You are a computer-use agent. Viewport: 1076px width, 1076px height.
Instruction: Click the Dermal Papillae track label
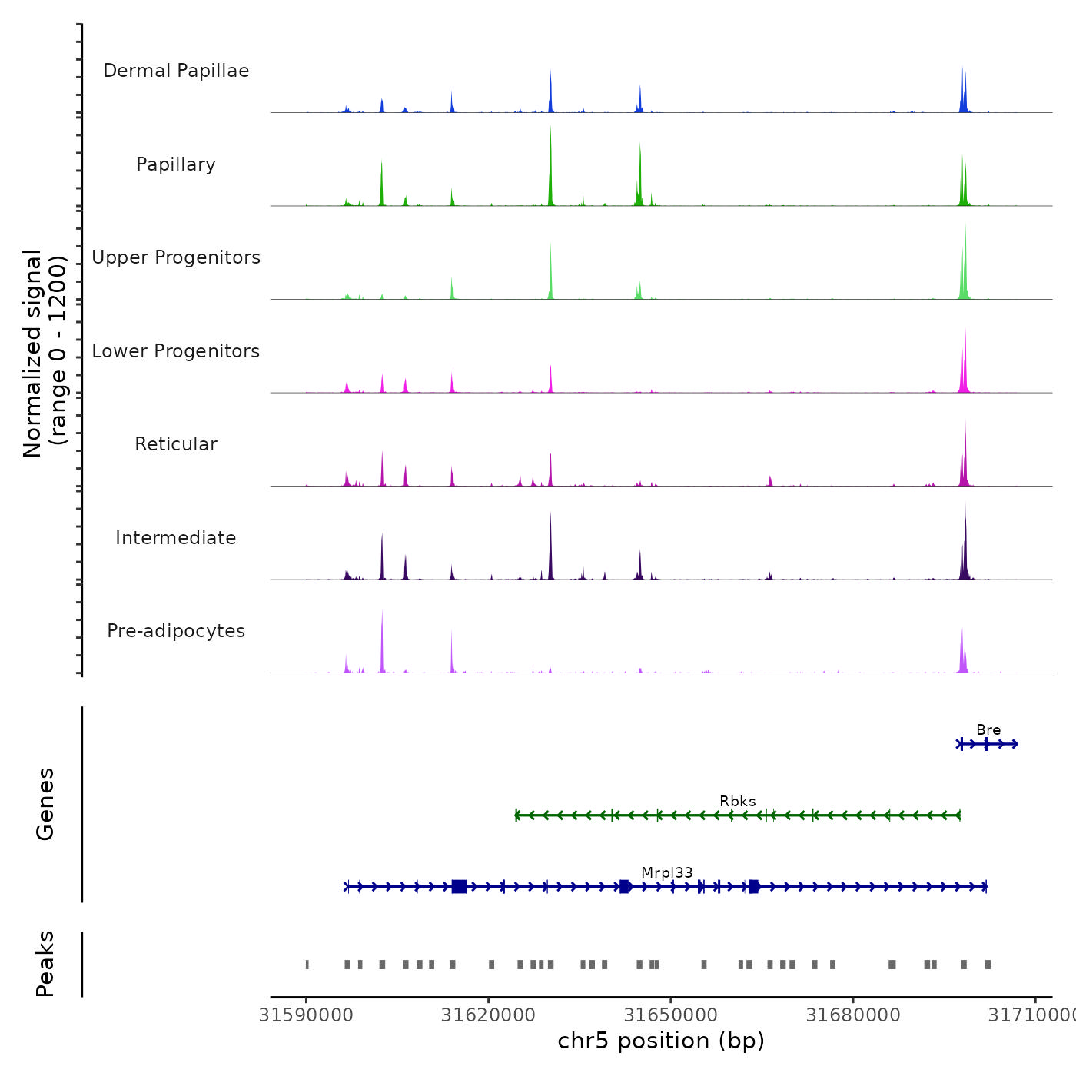tap(176, 71)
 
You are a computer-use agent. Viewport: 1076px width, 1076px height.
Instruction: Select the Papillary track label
tap(176, 164)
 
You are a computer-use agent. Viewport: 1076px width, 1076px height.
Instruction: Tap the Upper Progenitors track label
tap(176, 257)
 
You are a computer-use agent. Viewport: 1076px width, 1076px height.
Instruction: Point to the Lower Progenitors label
tap(176, 351)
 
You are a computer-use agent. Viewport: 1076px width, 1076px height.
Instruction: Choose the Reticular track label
tap(176, 444)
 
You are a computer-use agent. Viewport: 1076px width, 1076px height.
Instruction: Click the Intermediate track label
tap(176, 538)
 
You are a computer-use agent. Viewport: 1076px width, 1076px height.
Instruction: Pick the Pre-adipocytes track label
tap(176, 631)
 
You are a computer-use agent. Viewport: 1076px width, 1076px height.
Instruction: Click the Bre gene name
tap(988, 730)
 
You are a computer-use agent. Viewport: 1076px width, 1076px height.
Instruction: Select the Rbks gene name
tap(738, 802)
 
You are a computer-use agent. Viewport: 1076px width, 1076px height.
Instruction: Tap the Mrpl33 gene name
tap(667, 873)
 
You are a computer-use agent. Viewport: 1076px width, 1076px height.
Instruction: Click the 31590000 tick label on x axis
tap(307, 1015)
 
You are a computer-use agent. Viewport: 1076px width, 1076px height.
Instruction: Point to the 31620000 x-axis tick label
tap(488, 1015)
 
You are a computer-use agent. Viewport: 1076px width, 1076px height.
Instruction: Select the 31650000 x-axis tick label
tap(671, 1015)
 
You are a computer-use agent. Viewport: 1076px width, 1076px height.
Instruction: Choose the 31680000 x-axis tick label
tap(853, 1015)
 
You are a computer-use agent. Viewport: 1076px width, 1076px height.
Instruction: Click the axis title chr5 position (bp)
tap(661, 1041)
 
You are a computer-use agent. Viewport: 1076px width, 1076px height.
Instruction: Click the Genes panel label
tap(45, 804)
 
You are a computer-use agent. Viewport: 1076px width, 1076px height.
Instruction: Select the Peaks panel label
tap(45, 964)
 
